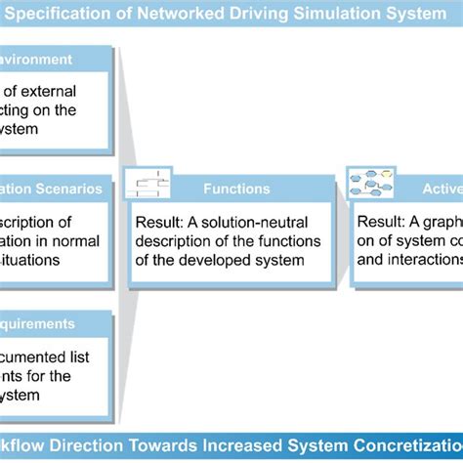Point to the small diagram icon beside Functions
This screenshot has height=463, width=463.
[x=152, y=185]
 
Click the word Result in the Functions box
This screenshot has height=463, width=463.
[x=157, y=222]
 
